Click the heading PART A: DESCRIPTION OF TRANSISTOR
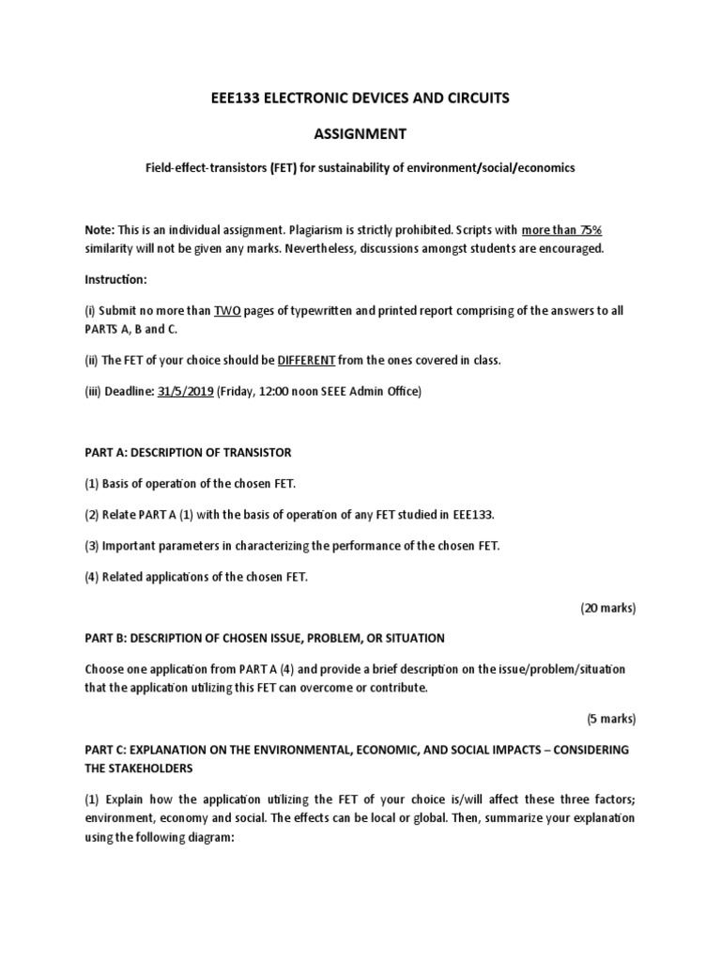pyautogui.click(x=189, y=452)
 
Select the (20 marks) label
pyautogui.click(x=607, y=608)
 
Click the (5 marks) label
pyautogui.click(x=611, y=719)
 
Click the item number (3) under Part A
pyautogui.click(x=92, y=546)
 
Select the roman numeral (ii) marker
pyautogui.click(x=92, y=361)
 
